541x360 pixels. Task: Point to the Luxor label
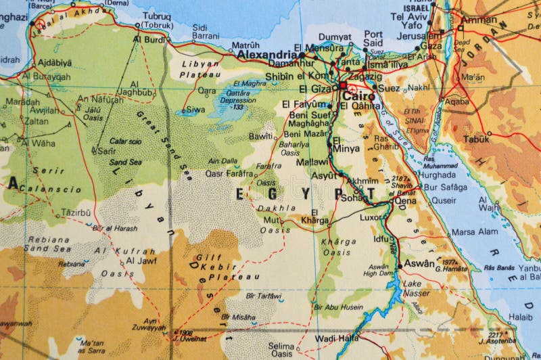click(371, 218)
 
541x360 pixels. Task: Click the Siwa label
click(195, 109)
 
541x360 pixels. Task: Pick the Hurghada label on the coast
click(437, 174)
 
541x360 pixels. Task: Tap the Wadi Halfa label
click(335, 338)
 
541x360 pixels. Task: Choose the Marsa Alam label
click(474, 231)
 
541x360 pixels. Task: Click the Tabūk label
click(476, 139)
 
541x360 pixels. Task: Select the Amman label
click(479, 20)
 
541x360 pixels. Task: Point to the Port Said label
click(373, 38)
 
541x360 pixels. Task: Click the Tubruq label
click(156, 21)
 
